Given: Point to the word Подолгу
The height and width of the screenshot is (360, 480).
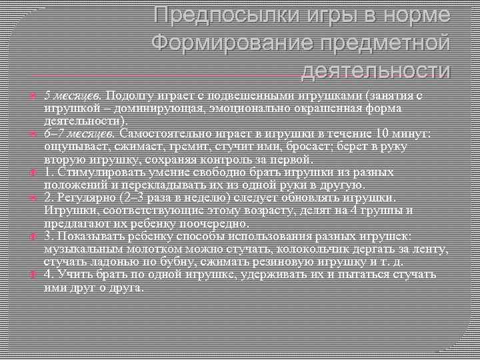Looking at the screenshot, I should coord(127,95).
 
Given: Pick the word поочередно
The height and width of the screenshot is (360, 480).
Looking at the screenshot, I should coord(201,223).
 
